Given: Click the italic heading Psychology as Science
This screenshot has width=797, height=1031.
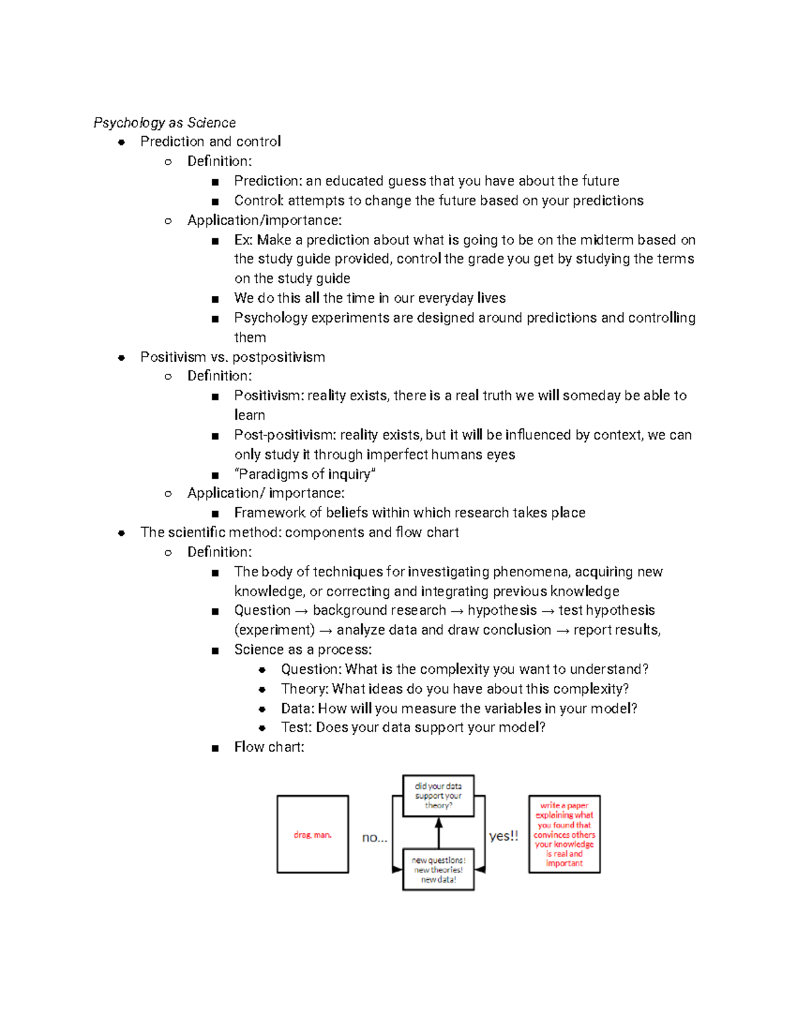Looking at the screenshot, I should click(x=164, y=123).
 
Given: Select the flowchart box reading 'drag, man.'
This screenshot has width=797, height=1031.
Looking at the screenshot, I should click(x=312, y=834).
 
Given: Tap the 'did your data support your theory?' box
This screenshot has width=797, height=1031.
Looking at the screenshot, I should click(x=438, y=795).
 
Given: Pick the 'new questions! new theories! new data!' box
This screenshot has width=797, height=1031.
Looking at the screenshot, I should click(x=438, y=870).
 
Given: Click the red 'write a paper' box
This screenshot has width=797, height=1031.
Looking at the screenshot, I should click(x=564, y=834).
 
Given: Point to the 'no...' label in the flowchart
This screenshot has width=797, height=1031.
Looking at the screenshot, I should click(x=375, y=838).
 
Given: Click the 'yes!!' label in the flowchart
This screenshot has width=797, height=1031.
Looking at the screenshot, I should click(x=503, y=836).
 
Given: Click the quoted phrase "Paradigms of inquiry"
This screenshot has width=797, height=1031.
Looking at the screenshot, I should click(x=305, y=474).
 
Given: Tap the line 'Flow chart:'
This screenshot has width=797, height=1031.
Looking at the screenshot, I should click(x=269, y=747).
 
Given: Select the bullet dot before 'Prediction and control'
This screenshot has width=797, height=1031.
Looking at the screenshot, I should click(x=121, y=142).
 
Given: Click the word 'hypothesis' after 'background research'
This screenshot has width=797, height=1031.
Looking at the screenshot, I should click(x=502, y=610).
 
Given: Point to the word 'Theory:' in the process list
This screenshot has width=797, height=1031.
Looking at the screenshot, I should click(x=304, y=688).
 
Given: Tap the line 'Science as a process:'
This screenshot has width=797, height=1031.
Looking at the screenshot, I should click(x=303, y=649).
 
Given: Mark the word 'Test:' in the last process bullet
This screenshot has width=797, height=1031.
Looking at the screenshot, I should click(x=296, y=728).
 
